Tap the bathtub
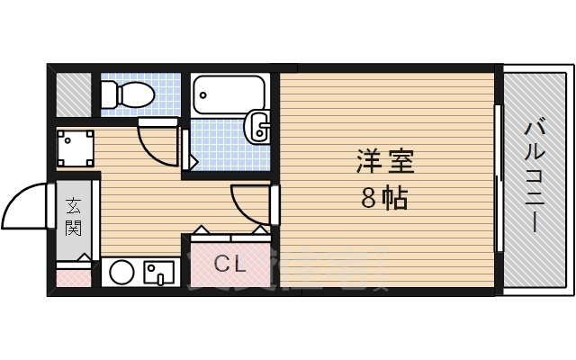(229, 93)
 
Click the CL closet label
(229, 265)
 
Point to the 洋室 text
(384, 165)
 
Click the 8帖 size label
(384, 198)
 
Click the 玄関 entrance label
(73, 217)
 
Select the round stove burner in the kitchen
(121, 272)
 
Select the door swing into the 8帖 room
(250, 203)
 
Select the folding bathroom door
(187, 148)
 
